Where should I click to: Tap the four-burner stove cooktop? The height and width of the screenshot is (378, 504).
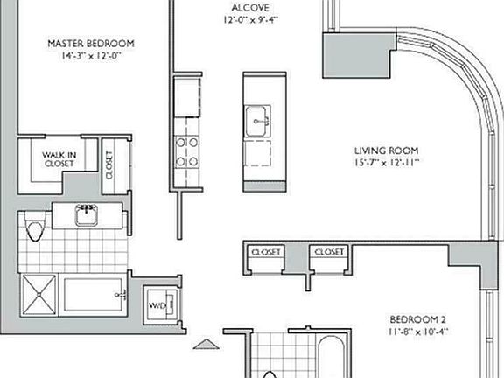tap(186, 150)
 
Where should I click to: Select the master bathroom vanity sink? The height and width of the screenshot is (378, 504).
tap(86, 215)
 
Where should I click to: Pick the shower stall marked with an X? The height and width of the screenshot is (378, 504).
tap(38, 301)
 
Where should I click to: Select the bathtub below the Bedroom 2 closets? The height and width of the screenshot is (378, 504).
tap(332, 356)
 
